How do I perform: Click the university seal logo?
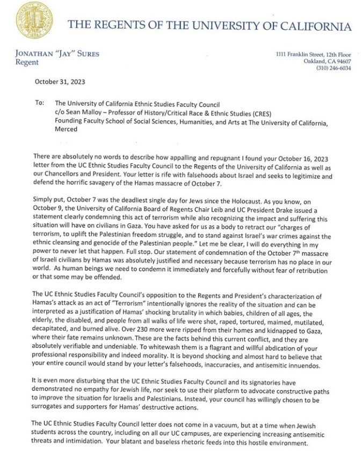tap(34, 20)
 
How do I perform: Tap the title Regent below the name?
tap(27, 62)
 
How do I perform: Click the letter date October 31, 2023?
tap(60, 82)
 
